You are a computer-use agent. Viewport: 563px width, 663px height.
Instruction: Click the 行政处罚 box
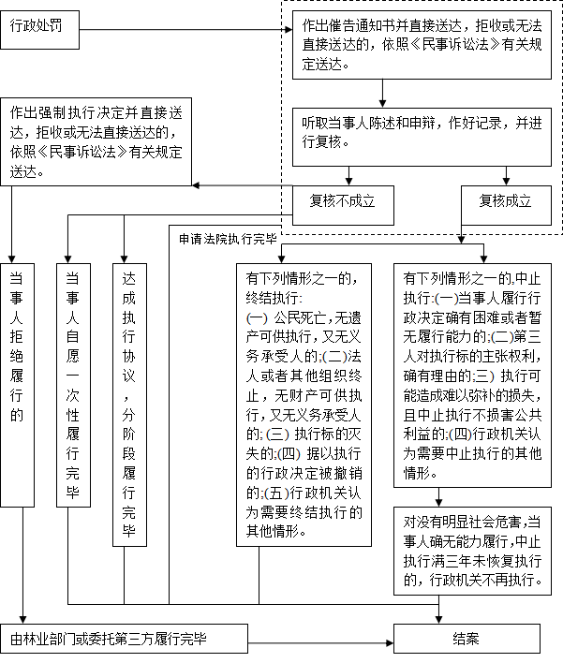click(x=39, y=30)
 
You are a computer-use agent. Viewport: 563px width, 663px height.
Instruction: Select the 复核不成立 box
click(x=343, y=205)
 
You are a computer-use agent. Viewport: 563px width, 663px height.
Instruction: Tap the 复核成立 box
click(x=506, y=205)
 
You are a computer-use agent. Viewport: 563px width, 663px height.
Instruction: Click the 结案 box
click(x=467, y=639)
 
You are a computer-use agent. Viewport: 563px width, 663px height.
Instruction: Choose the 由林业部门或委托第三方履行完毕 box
click(x=124, y=639)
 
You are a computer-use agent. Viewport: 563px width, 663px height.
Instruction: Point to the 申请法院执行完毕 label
click(x=228, y=240)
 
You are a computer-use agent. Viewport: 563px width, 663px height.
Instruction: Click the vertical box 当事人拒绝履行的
click(x=17, y=385)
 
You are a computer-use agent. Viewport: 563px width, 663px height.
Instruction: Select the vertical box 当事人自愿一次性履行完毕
click(x=73, y=385)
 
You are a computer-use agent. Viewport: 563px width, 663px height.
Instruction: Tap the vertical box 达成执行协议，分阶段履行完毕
click(x=129, y=405)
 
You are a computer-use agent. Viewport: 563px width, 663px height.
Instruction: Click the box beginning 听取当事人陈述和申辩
click(x=422, y=137)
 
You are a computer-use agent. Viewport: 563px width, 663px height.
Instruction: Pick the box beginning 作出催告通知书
click(x=422, y=45)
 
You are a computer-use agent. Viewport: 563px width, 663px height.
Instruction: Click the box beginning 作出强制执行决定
click(x=96, y=141)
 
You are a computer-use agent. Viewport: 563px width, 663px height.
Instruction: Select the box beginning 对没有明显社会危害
click(x=472, y=551)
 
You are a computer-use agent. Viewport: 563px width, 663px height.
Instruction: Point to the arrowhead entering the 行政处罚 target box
click(x=289, y=30)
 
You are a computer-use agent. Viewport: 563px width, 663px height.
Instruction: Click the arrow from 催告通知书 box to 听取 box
click(x=382, y=94)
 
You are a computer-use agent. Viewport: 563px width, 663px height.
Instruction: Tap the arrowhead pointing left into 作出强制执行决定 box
click(x=197, y=185)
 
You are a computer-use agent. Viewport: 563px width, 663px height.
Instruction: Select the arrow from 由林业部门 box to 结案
click(x=320, y=643)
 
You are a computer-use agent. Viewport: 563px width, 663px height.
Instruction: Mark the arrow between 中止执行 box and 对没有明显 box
click(x=438, y=497)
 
